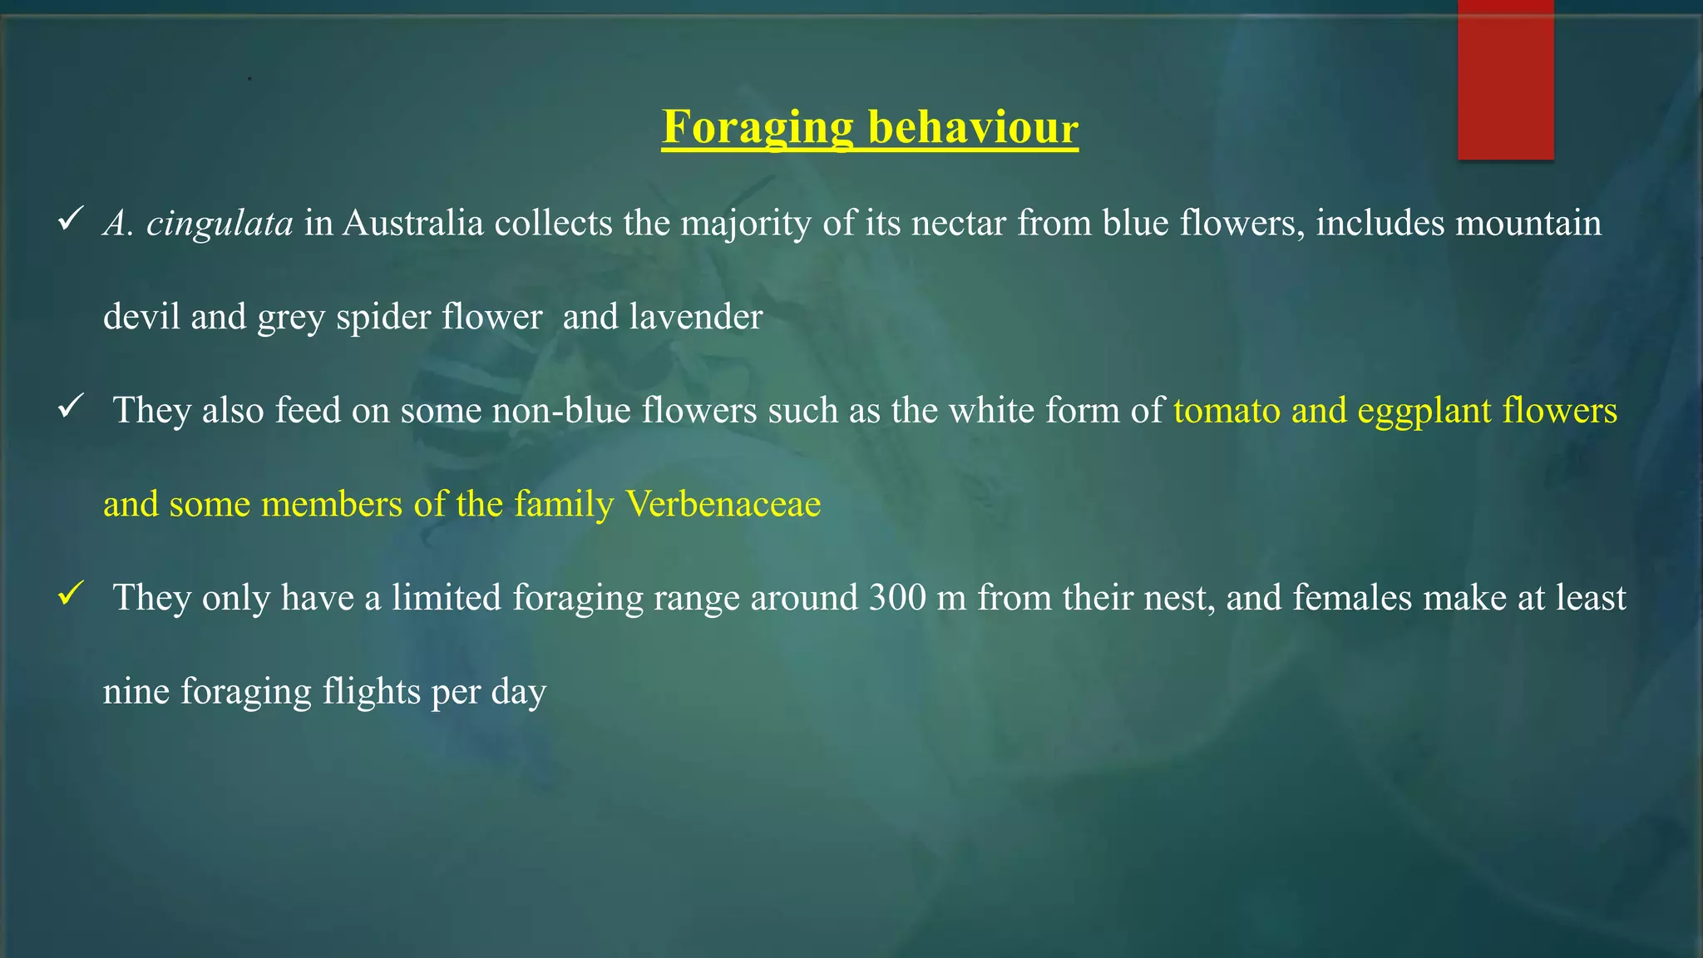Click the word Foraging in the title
[757, 129]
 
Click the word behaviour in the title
[973, 129]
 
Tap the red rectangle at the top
[1505, 79]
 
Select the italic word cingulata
[220, 224]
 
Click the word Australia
[413, 224]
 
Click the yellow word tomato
[1227, 411]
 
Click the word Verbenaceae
[723, 504]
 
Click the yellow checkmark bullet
[70, 594]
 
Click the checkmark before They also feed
[70, 407]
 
